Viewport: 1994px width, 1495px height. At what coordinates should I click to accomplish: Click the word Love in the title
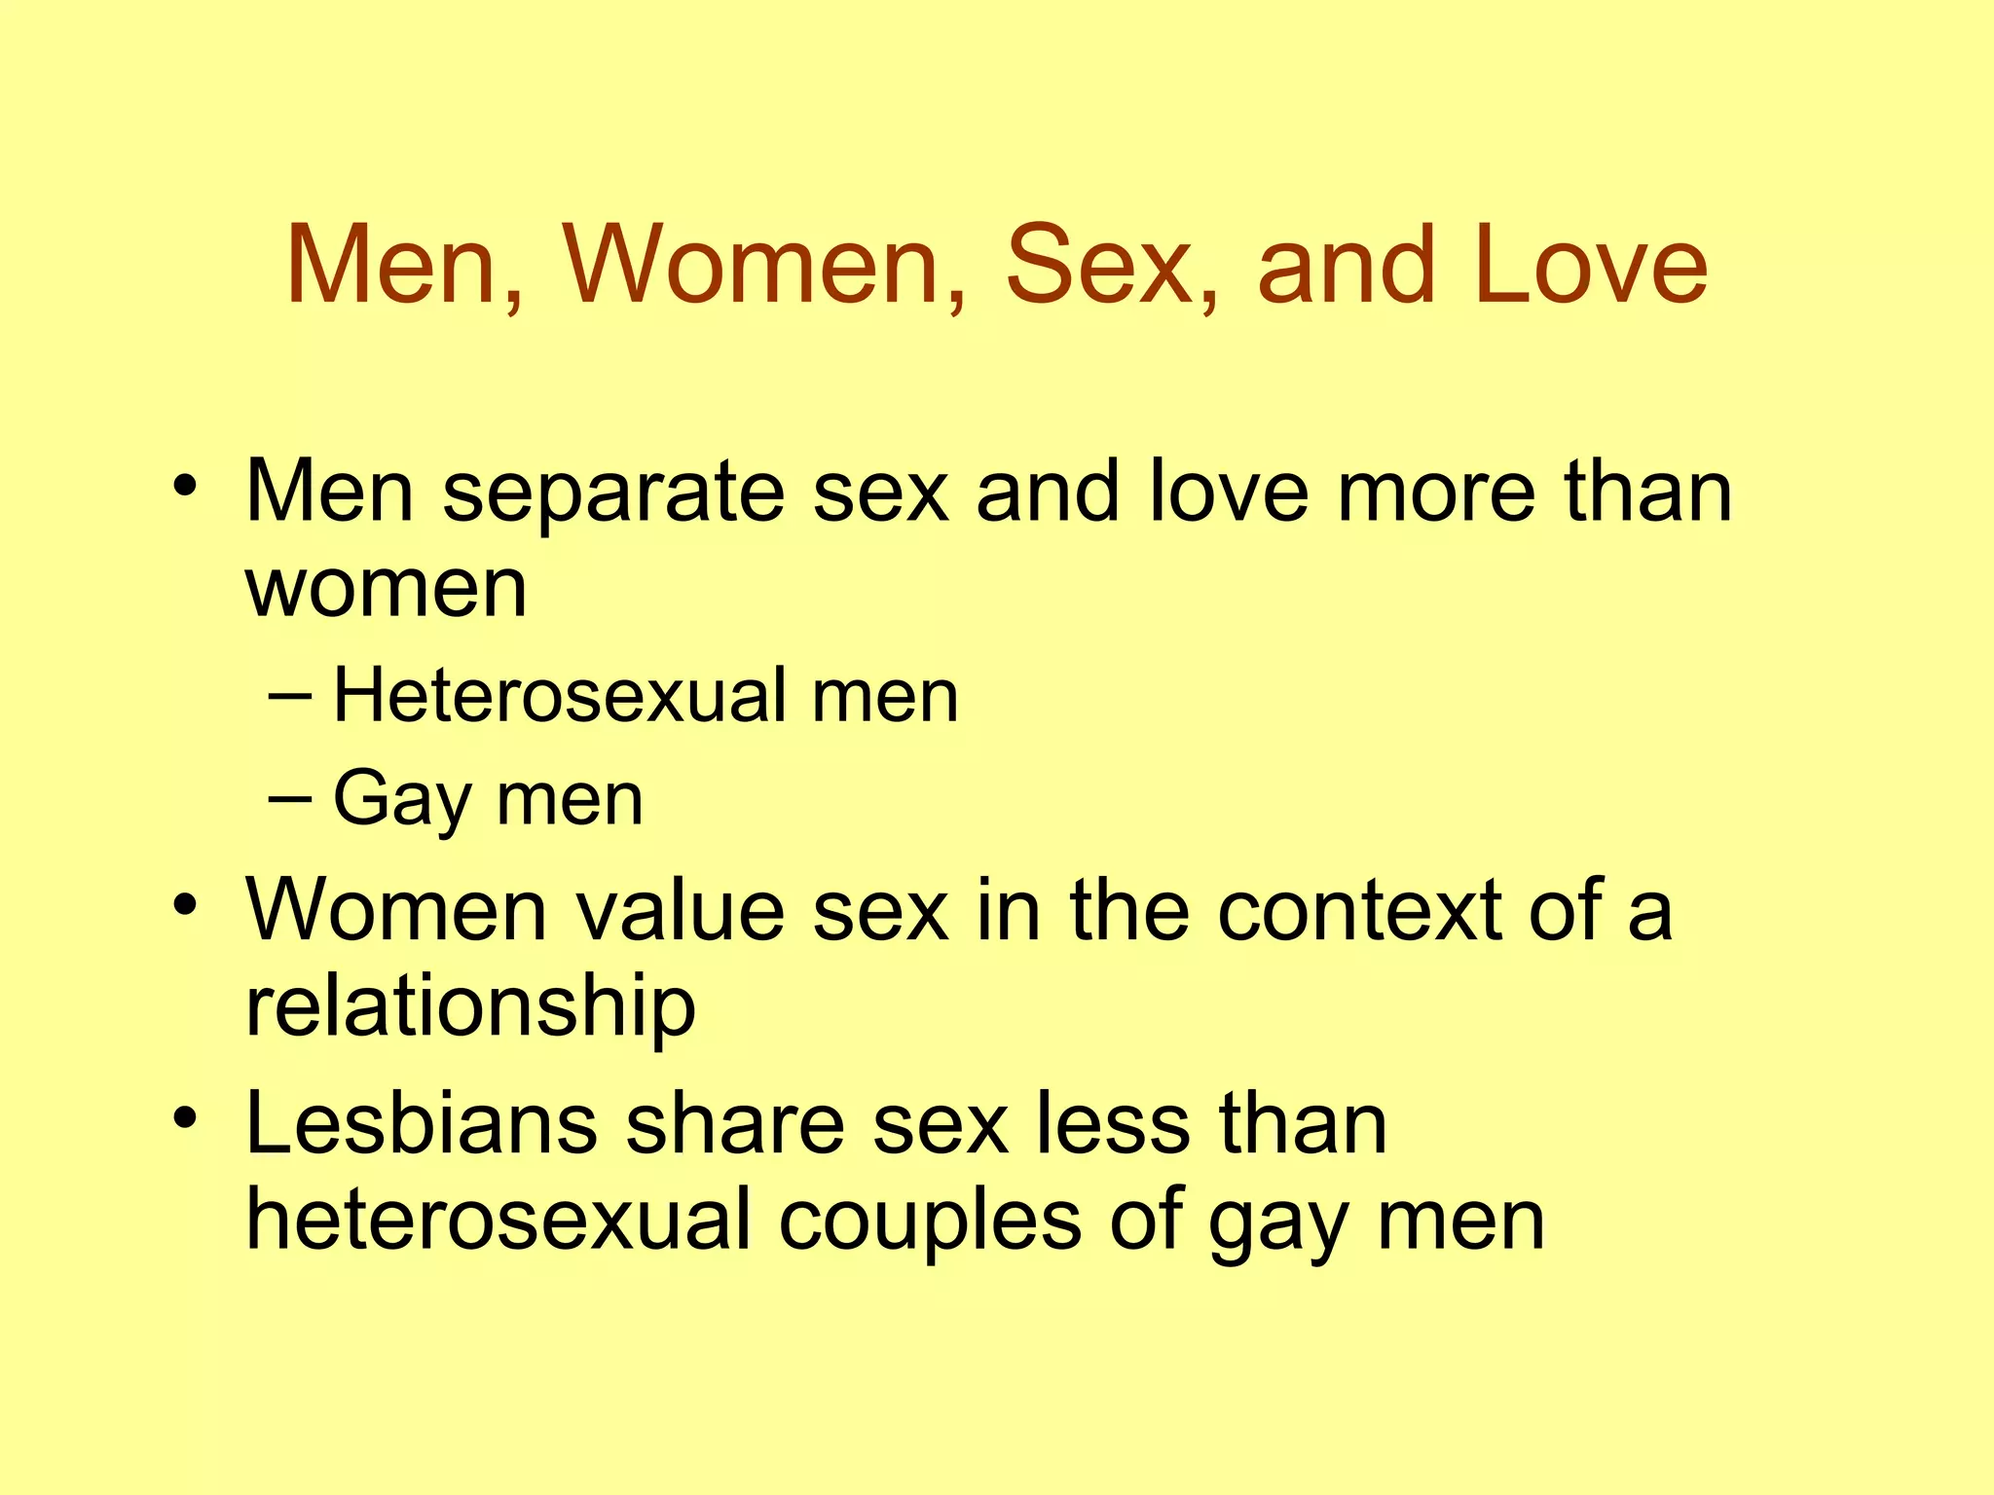coord(1591,265)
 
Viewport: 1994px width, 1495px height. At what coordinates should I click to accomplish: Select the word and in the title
coord(1347,265)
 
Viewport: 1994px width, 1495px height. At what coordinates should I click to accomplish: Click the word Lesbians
coord(422,1125)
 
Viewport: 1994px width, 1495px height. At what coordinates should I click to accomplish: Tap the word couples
coord(930,1222)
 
